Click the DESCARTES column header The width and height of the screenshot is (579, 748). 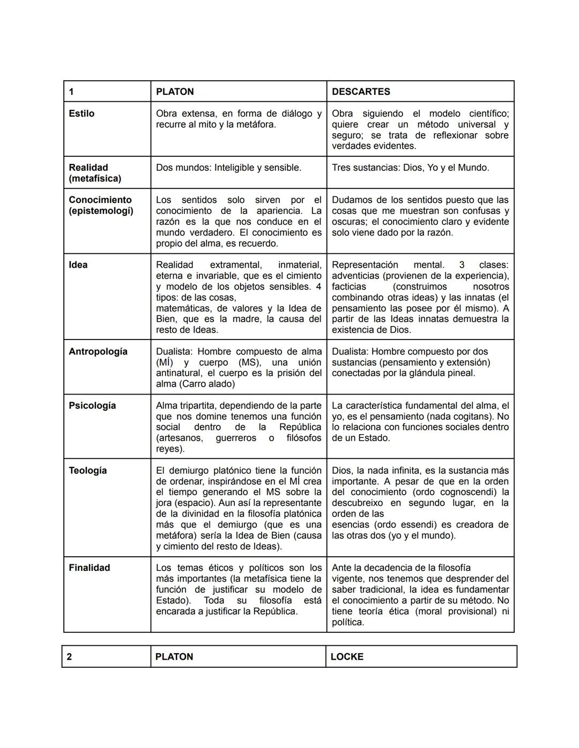(x=361, y=92)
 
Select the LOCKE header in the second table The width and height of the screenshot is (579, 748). (x=347, y=656)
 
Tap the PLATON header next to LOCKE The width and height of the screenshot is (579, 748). (x=174, y=656)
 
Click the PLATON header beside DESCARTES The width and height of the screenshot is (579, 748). (x=175, y=92)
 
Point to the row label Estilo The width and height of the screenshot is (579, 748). (x=81, y=114)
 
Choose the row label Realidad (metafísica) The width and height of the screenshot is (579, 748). (x=95, y=173)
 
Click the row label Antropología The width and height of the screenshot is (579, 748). (x=98, y=351)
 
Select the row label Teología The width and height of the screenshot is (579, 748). (x=87, y=470)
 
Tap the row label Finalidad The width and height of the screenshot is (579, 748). (x=89, y=568)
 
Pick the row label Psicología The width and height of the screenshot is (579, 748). (x=92, y=405)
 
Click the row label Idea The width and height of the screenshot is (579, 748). (x=78, y=265)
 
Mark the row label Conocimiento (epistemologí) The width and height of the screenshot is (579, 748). (x=101, y=205)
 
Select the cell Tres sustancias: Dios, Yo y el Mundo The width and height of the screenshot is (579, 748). (x=410, y=168)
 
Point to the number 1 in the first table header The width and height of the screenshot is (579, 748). (x=71, y=92)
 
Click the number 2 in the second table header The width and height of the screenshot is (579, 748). (x=69, y=656)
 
